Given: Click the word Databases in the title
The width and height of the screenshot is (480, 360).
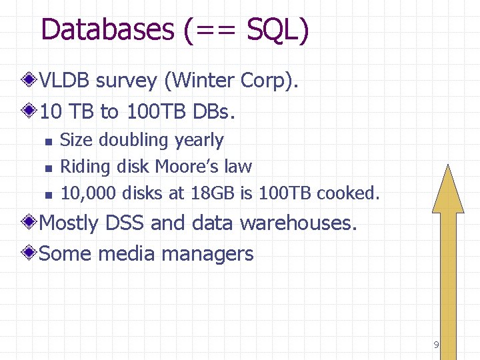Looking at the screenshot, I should (107, 30).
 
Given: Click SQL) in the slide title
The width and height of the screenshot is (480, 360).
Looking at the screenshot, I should (277, 30).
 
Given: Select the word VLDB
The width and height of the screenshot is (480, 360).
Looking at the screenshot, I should (65, 81).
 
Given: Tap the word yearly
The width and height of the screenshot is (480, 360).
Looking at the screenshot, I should (199, 141).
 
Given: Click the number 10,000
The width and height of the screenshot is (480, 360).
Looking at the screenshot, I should (87, 193).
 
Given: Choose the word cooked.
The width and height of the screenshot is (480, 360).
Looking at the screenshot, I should (348, 193).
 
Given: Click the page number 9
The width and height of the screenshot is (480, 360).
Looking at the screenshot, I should (436, 345).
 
